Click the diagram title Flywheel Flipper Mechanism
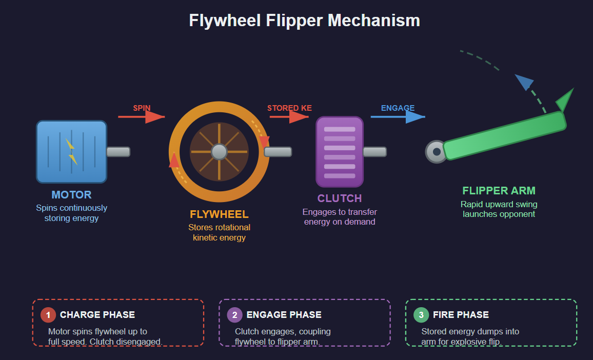click(304, 21)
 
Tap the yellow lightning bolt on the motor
click(71, 151)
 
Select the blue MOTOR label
click(71, 195)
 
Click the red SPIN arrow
click(141, 117)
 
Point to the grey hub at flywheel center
click(219, 152)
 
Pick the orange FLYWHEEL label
click(219, 214)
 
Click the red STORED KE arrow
click(289, 117)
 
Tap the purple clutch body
click(339, 152)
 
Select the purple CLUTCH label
click(339, 198)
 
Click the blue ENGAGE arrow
click(398, 117)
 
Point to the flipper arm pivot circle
click(437, 152)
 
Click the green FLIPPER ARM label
click(499, 191)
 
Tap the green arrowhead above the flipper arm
click(565, 99)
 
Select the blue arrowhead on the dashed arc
click(524, 82)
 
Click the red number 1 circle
click(48, 315)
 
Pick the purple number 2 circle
click(235, 315)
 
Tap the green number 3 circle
click(421, 315)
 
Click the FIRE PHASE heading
click(461, 315)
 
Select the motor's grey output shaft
click(118, 152)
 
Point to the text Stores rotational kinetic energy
click(219, 232)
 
